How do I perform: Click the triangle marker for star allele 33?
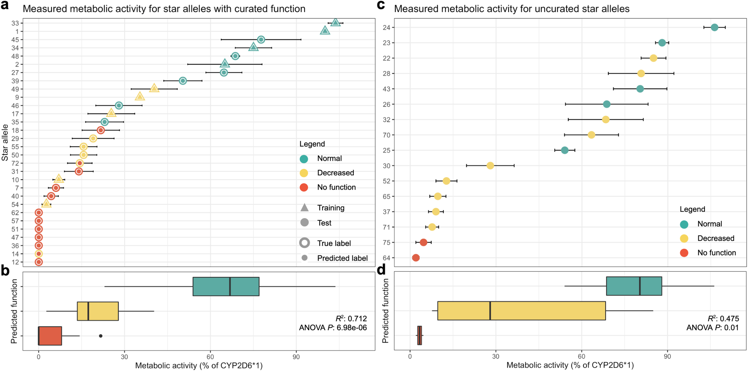coord(335,23)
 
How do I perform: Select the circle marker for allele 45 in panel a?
coord(261,40)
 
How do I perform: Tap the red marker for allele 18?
coord(101,130)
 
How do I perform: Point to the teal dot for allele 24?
coord(714,27)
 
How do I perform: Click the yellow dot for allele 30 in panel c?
coord(490,165)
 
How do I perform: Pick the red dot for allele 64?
coord(416,258)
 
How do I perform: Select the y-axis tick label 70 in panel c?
coord(387,135)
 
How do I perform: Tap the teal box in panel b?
coord(226,286)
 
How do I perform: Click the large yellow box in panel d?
coord(521,310)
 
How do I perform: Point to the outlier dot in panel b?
coord(101,336)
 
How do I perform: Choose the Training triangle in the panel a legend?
coord(304,208)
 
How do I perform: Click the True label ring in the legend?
coord(304,243)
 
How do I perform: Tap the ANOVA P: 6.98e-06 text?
coord(333,327)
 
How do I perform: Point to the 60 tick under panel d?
coord(581,356)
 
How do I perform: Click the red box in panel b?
coord(50,336)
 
